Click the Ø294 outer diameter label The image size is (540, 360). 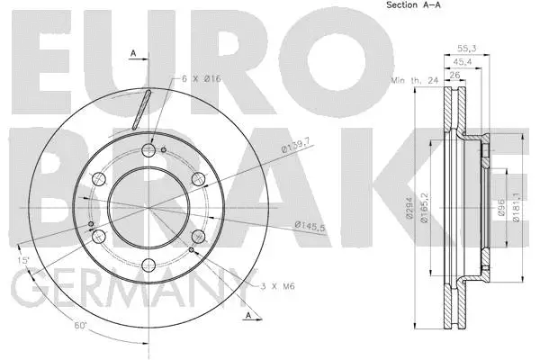(x=409, y=208)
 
